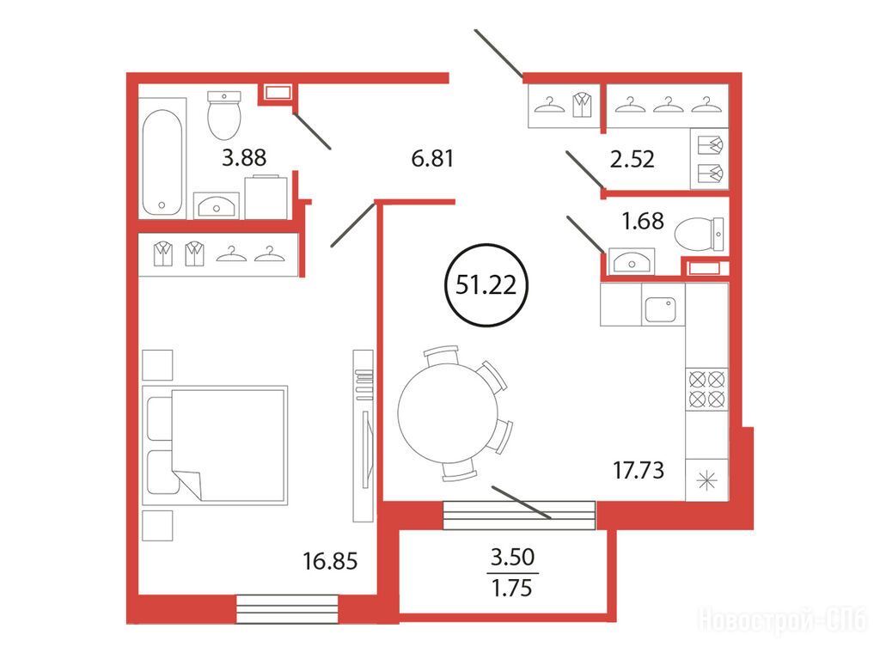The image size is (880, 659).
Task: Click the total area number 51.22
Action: tap(486, 285)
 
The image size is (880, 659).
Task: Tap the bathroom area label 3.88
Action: tap(244, 158)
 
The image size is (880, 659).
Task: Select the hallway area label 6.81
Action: tap(432, 159)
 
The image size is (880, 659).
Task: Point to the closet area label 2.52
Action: tap(632, 160)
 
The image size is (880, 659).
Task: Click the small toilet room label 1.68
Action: tap(643, 221)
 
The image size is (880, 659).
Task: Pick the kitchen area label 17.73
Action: tap(639, 470)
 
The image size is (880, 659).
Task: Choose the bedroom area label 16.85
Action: tap(330, 561)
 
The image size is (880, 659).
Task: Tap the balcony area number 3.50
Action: tap(512, 558)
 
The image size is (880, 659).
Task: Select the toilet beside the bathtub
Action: tap(224, 115)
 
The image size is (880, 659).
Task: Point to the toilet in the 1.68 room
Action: tap(699, 234)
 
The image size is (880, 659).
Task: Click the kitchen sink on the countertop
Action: tap(661, 309)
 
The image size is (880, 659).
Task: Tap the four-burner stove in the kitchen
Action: tap(706, 389)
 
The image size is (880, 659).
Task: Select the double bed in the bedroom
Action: tap(215, 444)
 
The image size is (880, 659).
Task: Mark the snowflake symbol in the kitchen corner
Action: tap(706, 480)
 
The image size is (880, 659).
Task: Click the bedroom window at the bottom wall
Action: tap(287, 609)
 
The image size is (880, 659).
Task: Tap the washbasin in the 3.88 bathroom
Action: tap(216, 205)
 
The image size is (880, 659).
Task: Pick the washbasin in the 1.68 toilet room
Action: tap(632, 261)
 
